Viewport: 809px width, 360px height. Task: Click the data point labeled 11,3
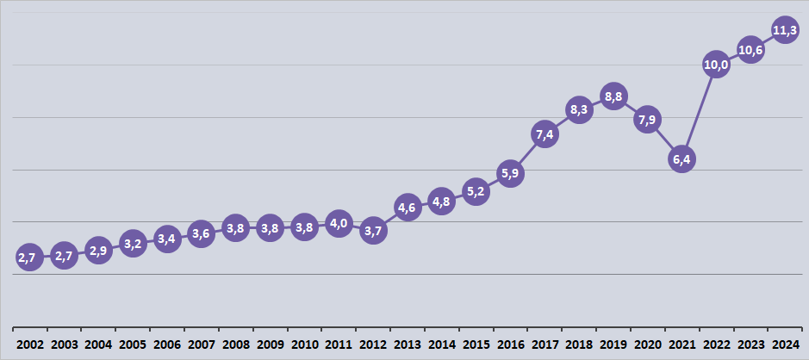(x=784, y=32)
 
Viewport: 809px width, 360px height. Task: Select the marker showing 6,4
(x=681, y=159)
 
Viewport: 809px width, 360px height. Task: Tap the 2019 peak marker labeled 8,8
(x=613, y=97)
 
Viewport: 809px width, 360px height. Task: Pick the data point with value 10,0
(x=716, y=65)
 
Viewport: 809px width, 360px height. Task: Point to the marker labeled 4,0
(x=339, y=224)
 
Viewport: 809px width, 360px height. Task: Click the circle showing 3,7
(x=373, y=231)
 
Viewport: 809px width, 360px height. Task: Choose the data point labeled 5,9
(x=510, y=173)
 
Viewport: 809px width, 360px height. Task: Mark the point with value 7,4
(x=545, y=135)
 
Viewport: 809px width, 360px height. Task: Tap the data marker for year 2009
(x=270, y=228)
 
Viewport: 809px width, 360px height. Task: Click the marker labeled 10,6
(x=750, y=50)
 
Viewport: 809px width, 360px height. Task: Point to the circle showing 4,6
(x=408, y=208)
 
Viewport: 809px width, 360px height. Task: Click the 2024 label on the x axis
(x=784, y=344)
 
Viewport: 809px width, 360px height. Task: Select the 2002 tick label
(x=29, y=344)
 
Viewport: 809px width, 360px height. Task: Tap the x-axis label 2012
(x=373, y=344)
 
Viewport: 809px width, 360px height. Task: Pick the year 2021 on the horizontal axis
(x=681, y=344)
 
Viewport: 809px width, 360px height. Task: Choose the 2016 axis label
(x=510, y=344)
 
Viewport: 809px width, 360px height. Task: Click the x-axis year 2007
(x=201, y=344)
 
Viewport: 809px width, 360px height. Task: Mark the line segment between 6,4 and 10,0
(x=699, y=112)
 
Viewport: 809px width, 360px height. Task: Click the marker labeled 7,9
(x=648, y=119)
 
